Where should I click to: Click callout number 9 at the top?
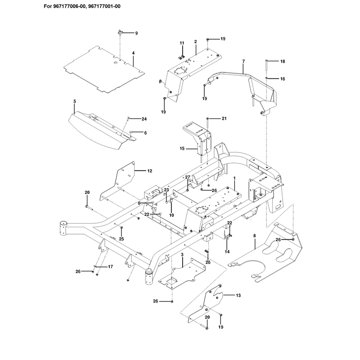pos(136,33)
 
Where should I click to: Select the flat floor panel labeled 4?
pos(104,69)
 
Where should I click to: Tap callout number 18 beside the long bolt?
pos(283,61)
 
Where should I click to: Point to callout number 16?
pos(283,79)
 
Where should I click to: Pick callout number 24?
pos(144,119)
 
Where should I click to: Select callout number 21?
pos(224,118)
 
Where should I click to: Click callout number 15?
pos(182,148)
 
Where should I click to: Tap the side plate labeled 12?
pos(117,181)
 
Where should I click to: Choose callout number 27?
pos(188,177)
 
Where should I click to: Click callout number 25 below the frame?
pos(121,239)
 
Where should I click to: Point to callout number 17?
pos(110,266)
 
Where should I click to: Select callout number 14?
pos(227,252)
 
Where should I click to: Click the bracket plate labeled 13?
pos(207,303)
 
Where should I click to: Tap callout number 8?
pos(254,236)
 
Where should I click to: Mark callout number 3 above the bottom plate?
pos(182,255)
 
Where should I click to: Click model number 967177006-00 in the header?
pos(70,6)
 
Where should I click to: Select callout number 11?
pos(182,43)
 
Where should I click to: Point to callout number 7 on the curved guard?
pos(243,61)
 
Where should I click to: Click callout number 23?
pos(166,190)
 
